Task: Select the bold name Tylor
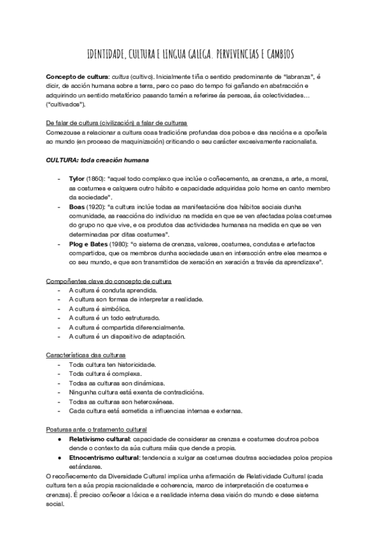[x=77, y=180]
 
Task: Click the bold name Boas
[x=77, y=207]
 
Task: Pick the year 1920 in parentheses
[x=97, y=207]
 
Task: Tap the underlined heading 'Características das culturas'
[x=86, y=354]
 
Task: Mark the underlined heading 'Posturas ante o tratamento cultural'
[x=97, y=430]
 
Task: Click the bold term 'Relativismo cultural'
[x=99, y=439]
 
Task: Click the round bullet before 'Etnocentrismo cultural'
[x=59, y=457]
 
